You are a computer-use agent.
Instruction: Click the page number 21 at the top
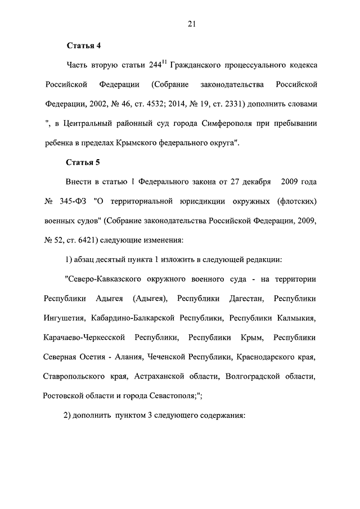point(192,23)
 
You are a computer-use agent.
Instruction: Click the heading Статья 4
point(83,45)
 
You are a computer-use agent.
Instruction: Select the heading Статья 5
point(83,163)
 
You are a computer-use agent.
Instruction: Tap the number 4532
point(171,105)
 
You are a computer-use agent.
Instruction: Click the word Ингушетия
point(64,318)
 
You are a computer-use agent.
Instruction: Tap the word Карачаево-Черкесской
point(83,337)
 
